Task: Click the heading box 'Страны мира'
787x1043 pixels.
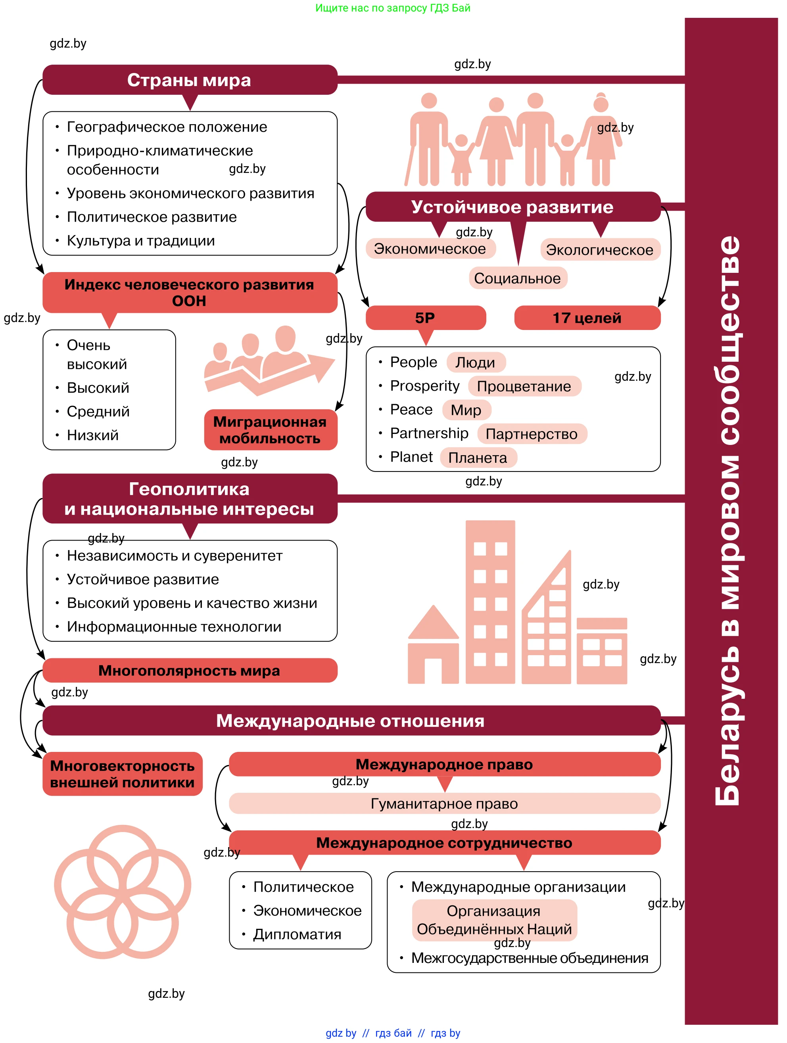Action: coord(190,80)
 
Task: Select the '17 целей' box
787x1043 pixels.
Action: coord(587,318)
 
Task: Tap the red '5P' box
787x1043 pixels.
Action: coord(425,318)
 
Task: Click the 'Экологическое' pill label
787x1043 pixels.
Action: coord(600,249)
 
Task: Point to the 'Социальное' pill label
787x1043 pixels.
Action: coord(517,278)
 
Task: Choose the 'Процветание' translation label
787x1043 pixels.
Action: coord(524,386)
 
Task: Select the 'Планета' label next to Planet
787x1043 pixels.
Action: coord(478,457)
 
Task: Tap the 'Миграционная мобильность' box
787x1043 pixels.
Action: coord(270,429)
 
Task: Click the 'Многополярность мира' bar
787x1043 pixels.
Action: coord(190,670)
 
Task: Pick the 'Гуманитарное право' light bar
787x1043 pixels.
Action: coord(444,803)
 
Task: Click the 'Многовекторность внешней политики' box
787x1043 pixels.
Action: coord(122,774)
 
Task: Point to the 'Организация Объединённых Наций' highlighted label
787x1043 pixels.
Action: coord(494,920)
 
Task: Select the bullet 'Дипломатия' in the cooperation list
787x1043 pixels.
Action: coord(297,934)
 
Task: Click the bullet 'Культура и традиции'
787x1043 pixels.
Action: coord(140,240)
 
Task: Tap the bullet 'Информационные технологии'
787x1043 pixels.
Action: coord(174,627)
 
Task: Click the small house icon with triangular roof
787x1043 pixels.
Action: coord(433,646)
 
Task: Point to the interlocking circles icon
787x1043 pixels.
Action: coord(122,891)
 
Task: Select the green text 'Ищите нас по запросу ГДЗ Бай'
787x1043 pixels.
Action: coord(393,8)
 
